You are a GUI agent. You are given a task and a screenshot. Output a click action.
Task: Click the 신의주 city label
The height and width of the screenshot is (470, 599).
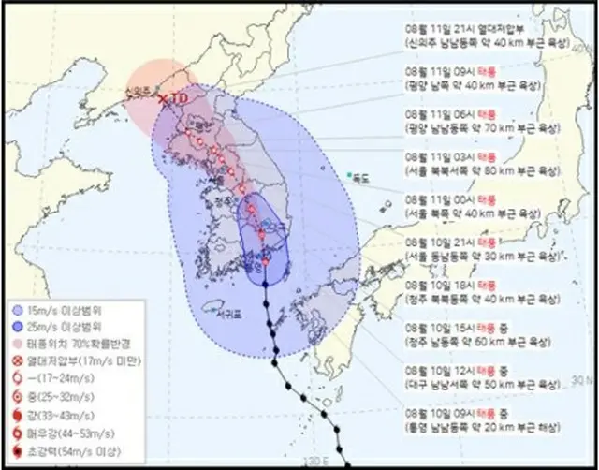pos(139,93)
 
